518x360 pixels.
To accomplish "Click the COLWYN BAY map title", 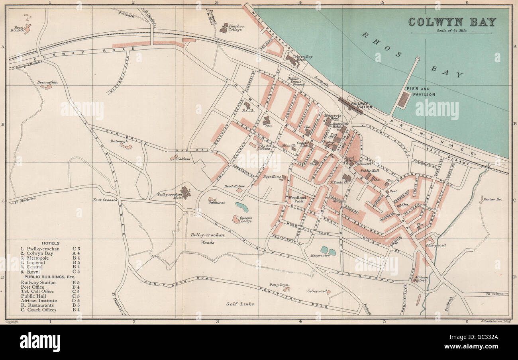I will click(x=452, y=22).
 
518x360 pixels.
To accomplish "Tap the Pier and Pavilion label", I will click(x=420, y=91).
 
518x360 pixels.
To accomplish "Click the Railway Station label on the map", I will click(x=362, y=105).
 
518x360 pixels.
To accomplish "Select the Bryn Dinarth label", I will click(x=18, y=29).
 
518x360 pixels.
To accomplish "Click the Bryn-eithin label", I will click(x=47, y=82).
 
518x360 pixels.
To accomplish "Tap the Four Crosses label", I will click(x=105, y=200).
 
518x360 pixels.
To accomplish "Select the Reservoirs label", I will click(x=320, y=256).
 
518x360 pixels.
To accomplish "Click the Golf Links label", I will click(x=240, y=304).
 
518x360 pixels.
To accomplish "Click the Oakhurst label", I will click(x=217, y=202).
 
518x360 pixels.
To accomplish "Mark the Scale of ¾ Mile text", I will click(x=452, y=30).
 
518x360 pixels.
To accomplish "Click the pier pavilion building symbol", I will click(x=403, y=99).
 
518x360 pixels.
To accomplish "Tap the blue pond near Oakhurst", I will click(x=241, y=207).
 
